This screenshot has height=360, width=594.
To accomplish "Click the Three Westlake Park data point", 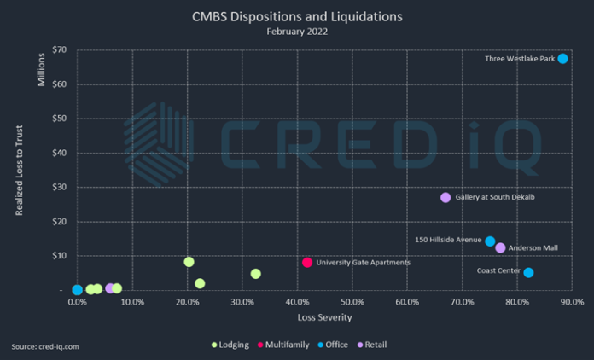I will click(x=563, y=58).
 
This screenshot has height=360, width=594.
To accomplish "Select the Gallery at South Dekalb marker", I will click(x=445, y=197).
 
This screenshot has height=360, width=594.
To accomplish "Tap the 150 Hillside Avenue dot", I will click(x=490, y=241).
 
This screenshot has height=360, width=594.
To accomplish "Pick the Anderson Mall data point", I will click(x=501, y=247).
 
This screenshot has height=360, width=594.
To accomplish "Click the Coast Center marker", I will click(x=529, y=272).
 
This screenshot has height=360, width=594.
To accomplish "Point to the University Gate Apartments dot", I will click(x=307, y=262).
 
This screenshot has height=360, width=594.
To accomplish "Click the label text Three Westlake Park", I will click(x=520, y=59).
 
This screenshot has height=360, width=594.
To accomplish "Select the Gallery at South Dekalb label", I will click(x=496, y=197).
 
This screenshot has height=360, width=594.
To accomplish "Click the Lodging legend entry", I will click(x=231, y=345).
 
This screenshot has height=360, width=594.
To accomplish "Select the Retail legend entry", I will click(x=376, y=345).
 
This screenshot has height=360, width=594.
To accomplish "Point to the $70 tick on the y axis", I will click(x=59, y=50).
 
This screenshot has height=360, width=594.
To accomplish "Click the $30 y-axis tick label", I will click(x=59, y=187).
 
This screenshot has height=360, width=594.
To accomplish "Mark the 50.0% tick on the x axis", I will click(x=352, y=302).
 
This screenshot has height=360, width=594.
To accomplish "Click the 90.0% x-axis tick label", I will click(x=571, y=302).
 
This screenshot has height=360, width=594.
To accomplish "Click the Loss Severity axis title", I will click(x=325, y=317).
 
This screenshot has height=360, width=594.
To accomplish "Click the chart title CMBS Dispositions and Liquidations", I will click(x=296, y=15).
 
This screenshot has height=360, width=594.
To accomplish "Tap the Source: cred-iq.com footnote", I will click(x=45, y=346).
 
